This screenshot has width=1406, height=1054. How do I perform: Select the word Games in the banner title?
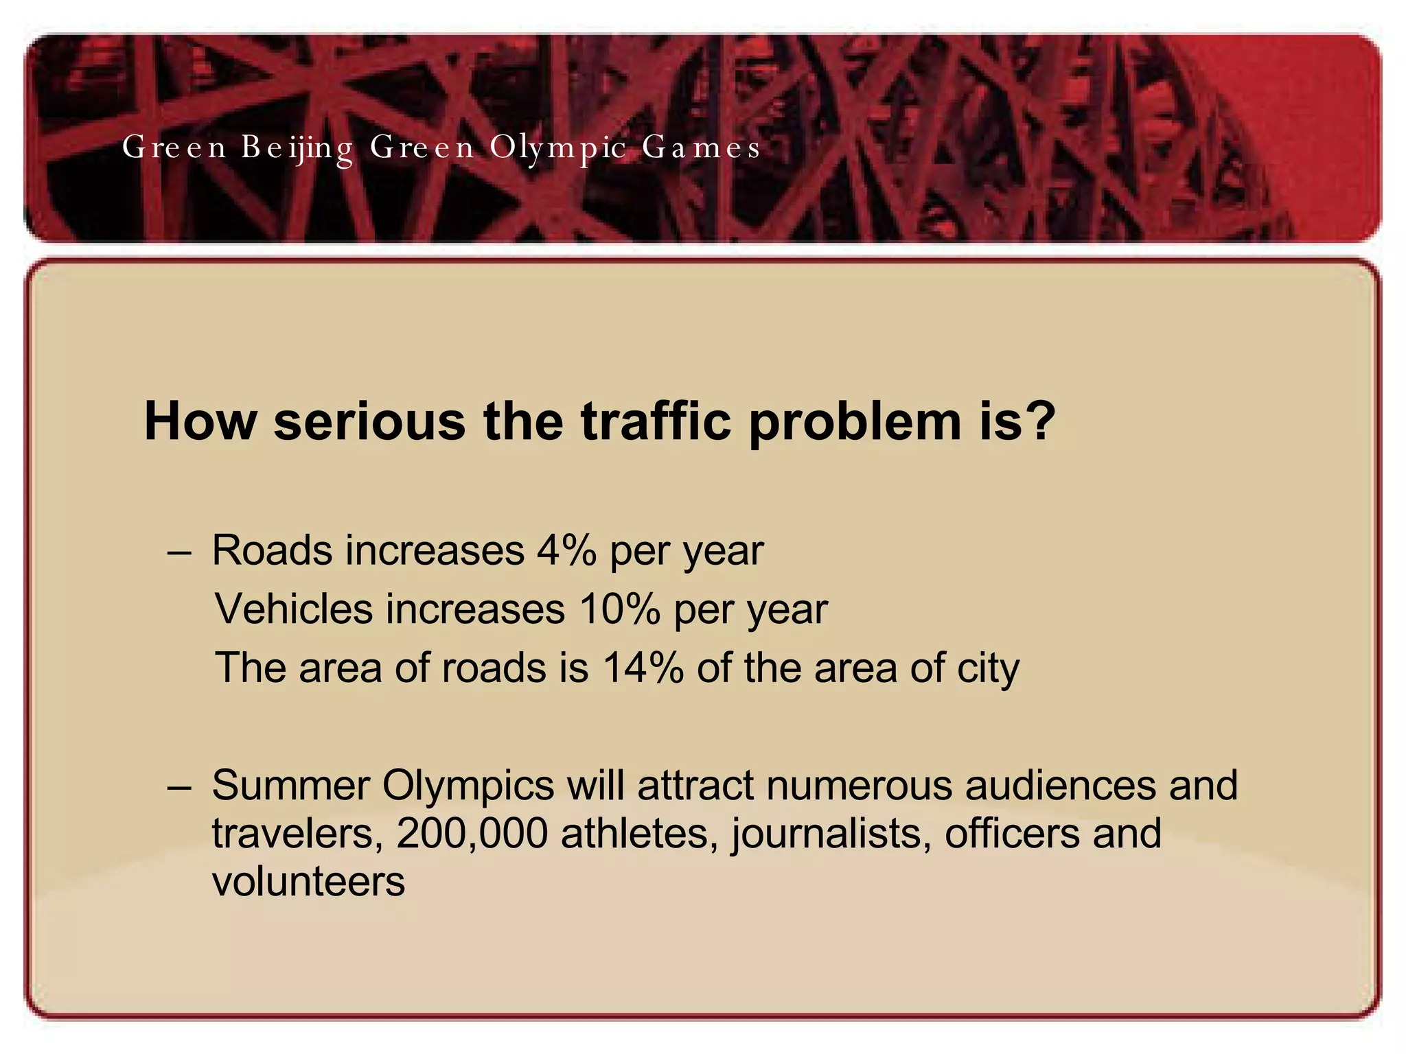(x=701, y=148)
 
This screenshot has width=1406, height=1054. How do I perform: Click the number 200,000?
(x=472, y=833)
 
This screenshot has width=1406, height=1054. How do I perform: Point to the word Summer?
(x=290, y=785)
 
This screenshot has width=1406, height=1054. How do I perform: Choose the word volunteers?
(x=308, y=882)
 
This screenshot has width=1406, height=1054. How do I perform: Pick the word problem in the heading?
(x=854, y=422)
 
